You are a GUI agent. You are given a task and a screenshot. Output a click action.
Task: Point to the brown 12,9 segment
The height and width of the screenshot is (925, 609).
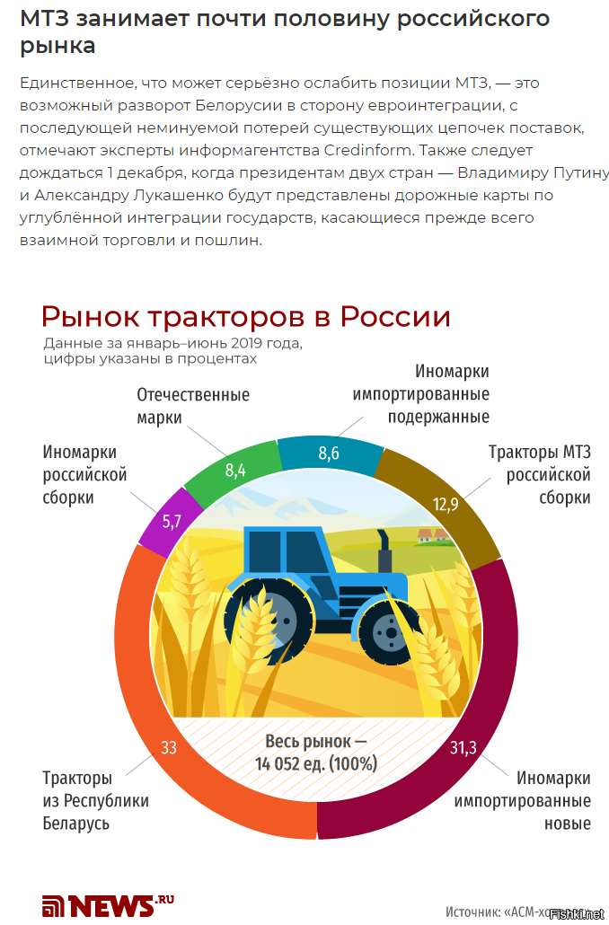[x=448, y=501]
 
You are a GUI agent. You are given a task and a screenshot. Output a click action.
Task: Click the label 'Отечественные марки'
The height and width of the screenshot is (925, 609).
[x=193, y=406]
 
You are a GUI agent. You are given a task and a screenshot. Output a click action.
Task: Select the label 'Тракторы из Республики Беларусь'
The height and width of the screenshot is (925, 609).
[x=95, y=800]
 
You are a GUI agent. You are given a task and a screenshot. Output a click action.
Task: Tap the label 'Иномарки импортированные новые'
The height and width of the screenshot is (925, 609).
[x=522, y=800]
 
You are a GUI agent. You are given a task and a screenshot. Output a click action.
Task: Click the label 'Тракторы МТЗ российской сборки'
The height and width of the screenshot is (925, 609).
[x=540, y=475]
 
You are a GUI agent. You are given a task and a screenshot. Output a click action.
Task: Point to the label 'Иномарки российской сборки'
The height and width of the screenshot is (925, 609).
[x=84, y=475]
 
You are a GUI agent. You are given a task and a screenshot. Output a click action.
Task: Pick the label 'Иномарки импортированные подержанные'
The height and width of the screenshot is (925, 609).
[x=420, y=394]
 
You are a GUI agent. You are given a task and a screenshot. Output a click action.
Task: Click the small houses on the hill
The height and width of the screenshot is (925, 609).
[x=433, y=535]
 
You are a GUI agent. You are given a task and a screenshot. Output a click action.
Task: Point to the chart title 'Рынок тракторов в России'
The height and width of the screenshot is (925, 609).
[x=245, y=317]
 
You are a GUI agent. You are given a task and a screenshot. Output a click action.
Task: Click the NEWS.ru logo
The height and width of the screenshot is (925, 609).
[x=108, y=905]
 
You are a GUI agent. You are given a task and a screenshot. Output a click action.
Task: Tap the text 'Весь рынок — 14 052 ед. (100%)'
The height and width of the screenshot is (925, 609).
[x=316, y=753]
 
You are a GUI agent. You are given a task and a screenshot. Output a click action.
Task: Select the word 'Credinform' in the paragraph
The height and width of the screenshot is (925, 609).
[x=367, y=151]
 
